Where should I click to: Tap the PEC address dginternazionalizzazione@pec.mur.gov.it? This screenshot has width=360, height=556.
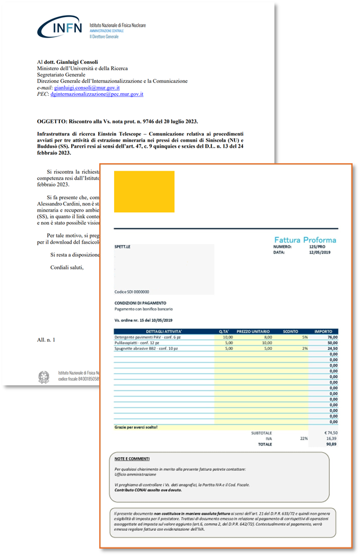point(96,95)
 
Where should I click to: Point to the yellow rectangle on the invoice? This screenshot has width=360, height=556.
point(144,192)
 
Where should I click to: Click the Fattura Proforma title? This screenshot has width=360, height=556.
point(305,240)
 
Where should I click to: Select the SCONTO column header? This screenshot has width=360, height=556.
point(291,331)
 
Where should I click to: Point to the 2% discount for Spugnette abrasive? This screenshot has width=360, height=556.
point(305,348)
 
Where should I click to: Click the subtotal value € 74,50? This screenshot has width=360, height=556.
point(330,433)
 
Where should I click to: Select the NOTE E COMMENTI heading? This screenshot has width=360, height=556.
point(132,458)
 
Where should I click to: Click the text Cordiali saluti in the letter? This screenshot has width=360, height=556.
point(67,268)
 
